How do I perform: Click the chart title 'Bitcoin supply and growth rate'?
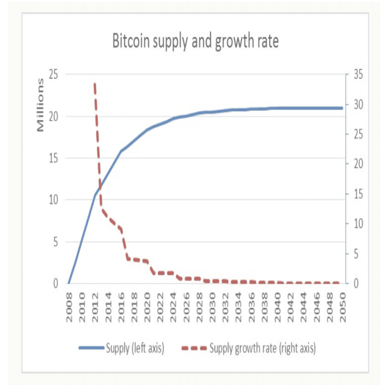tap(195, 41)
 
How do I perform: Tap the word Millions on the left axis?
tap(39, 104)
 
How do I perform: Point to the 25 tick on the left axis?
tap(53, 75)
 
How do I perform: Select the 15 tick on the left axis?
tap(53, 158)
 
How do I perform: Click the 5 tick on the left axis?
tap(55, 242)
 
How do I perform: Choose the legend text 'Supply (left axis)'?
tap(135, 349)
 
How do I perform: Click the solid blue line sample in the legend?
tap(91, 349)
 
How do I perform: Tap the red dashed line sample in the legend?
tap(194, 349)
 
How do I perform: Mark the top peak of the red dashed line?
tap(94, 84)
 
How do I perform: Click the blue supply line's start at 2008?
tap(69, 283)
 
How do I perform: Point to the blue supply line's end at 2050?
tap(341, 108)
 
